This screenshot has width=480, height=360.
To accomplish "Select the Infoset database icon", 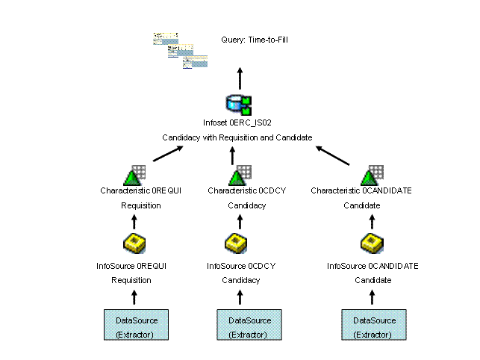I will pyautogui.click(x=239, y=105).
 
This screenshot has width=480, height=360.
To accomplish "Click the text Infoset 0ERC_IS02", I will pyautogui.click(x=236, y=123).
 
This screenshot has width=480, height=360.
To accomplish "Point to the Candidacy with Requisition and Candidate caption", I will pyautogui.click(x=237, y=137).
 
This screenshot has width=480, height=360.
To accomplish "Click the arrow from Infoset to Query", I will pyautogui.click(x=240, y=78).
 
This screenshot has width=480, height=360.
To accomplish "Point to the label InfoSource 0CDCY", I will pyautogui.click(x=240, y=266).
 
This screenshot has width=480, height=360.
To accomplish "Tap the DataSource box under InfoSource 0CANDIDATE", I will pyautogui.click(x=373, y=326).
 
